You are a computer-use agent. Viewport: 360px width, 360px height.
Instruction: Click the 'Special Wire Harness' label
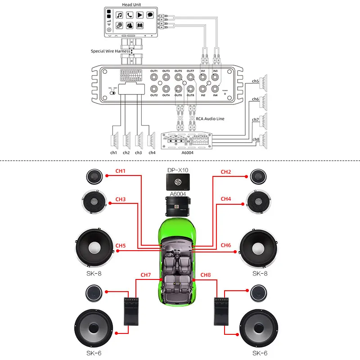tap(110, 51)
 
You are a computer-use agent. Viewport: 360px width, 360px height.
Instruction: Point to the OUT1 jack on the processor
tap(154, 77)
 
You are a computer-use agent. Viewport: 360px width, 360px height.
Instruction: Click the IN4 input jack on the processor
tap(215, 88)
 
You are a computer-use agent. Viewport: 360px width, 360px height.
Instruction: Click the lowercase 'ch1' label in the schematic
tap(114, 153)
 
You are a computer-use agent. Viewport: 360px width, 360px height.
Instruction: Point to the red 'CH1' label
tap(120, 171)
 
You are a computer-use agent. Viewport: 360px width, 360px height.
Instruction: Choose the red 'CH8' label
tap(205, 274)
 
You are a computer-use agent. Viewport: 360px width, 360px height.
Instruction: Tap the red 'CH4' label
tap(225, 199)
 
